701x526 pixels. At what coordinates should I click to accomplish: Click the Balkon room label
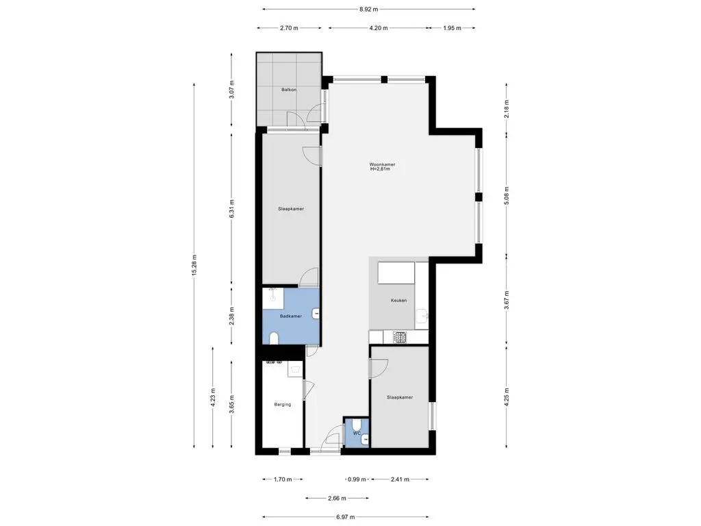pos(288,90)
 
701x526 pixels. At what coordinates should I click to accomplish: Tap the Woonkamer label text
pos(382,164)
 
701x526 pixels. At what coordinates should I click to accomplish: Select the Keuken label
pos(398,301)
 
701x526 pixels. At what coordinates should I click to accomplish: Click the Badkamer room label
pos(291,316)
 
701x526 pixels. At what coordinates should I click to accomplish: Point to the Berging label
pos(282,404)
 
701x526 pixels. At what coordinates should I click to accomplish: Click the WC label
pos(357,433)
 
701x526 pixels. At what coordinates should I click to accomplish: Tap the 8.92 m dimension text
pos(368,10)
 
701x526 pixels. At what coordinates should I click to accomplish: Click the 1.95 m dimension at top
pos(450,28)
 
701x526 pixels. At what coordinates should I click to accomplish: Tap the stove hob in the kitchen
pos(399,336)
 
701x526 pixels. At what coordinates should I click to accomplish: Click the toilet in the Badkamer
pos(274,338)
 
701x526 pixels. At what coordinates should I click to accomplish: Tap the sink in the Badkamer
pos(316,314)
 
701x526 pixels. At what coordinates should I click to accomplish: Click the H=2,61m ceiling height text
pos(379,170)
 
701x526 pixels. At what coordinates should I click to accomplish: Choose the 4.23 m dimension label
pos(212,397)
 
